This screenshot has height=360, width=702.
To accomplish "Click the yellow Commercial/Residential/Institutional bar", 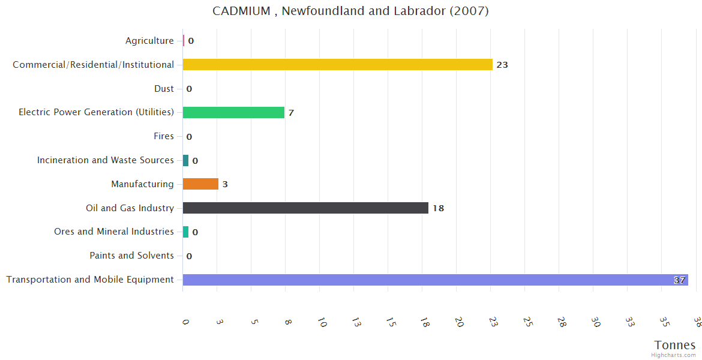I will click(x=337, y=65).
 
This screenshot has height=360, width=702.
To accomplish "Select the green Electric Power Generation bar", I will click(x=233, y=112).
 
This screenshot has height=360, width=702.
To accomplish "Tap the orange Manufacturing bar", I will click(x=200, y=184).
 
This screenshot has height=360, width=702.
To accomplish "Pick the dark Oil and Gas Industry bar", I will click(x=305, y=208).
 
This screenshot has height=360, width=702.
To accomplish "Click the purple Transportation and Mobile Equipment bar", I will click(x=435, y=280).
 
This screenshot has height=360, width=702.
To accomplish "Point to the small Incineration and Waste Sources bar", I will click(x=185, y=160).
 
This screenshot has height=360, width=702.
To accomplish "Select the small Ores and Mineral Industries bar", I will click(x=185, y=232).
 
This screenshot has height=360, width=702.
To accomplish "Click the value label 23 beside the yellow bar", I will click(x=502, y=65).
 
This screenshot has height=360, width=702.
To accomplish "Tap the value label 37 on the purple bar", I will click(x=679, y=280).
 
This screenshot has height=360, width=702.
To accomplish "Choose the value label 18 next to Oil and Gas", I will click(x=438, y=209).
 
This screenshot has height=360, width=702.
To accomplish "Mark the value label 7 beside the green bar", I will click(x=291, y=113).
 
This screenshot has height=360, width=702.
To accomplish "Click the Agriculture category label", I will click(x=149, y=41).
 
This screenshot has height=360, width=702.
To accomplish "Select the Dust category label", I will click(x=164, y=89).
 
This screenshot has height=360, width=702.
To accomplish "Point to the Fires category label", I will click(x=164, y=136).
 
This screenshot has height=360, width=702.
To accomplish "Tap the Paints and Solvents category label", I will click(x=131, y=256).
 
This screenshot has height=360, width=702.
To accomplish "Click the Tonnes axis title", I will click(x=675, y=345).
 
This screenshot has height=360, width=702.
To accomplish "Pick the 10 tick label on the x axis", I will click(x=322, y=323).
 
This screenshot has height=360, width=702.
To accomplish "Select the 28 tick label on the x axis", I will click(x=562, y=323).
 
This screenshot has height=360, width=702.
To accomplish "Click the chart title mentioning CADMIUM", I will click(x=350, y=11).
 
